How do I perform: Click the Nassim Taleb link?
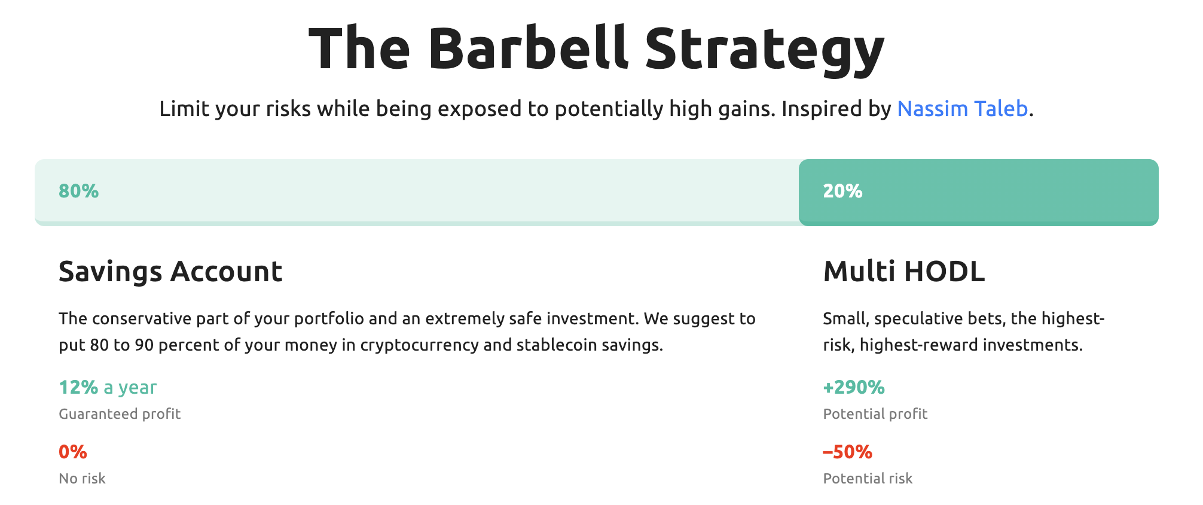tap(962, 109)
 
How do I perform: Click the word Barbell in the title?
tap(528, 48)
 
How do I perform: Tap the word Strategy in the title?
tap(765, 51)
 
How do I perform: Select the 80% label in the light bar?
tap(78, 191)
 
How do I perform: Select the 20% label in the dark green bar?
tap(842, 191)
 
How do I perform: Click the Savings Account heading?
tap(170, 272)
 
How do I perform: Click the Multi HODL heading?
tap(903, 272)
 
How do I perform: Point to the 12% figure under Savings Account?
tap(78, 387)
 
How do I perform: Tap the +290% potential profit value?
tap(854, 387)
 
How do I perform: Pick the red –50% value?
tap(847, 452)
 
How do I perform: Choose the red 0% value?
tap(73, 452)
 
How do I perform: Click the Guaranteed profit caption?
tap(120, 414)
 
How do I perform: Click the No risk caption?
tap(82, 479)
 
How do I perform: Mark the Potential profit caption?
tap(875, 414)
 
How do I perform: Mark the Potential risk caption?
tap(868, 479)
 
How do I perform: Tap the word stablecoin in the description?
tap(556, 345)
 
